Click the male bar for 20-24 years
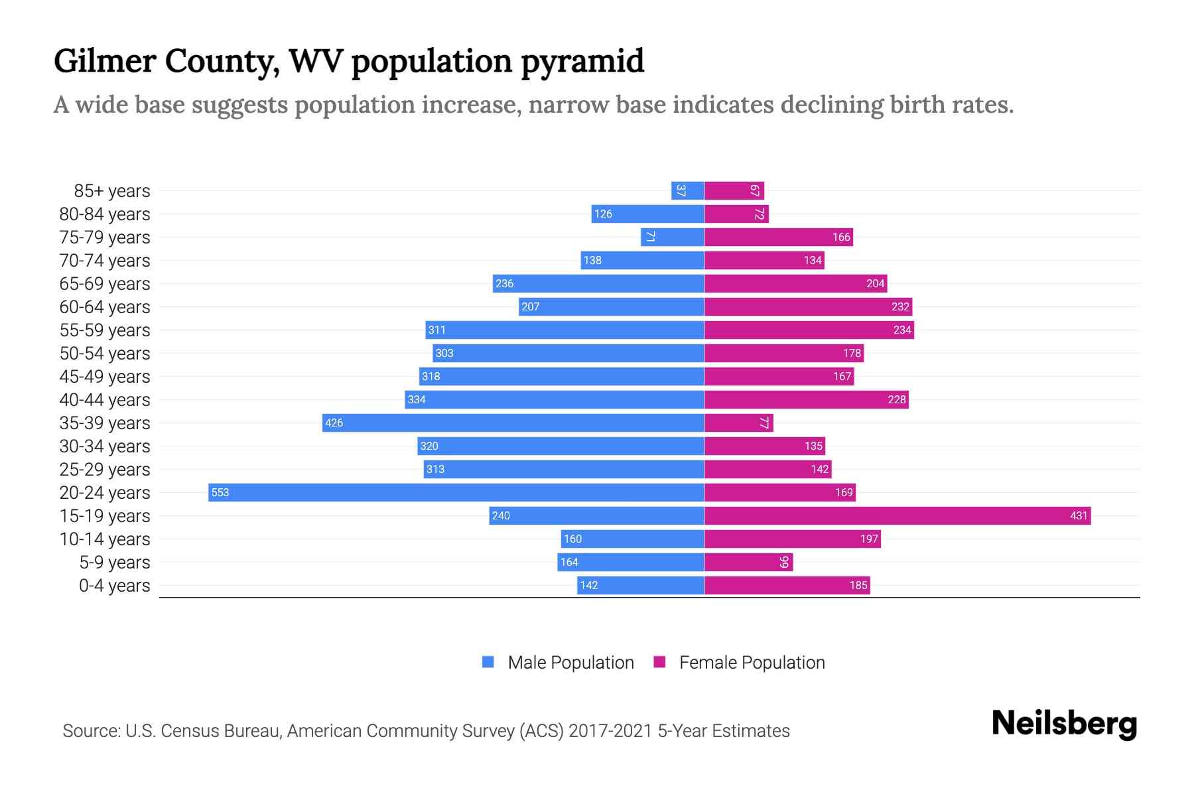[456, 492]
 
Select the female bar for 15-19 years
[897, 515]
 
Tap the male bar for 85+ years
[688, 190]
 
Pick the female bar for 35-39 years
[738, 423]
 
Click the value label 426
[334, 423]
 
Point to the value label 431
[1079, 515]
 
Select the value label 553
[220, 492]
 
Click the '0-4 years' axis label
[114, 586]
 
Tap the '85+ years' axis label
[111, 191]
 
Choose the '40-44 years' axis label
[105, 400]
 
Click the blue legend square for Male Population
[488, 662]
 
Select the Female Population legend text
[752, 663]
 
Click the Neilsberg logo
[1064, 724]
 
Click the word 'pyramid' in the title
[582, 62]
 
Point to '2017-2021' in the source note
[610, 731]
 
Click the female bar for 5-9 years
[748, 562]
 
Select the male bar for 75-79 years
[672, 237]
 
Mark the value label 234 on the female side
[901, 330]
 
